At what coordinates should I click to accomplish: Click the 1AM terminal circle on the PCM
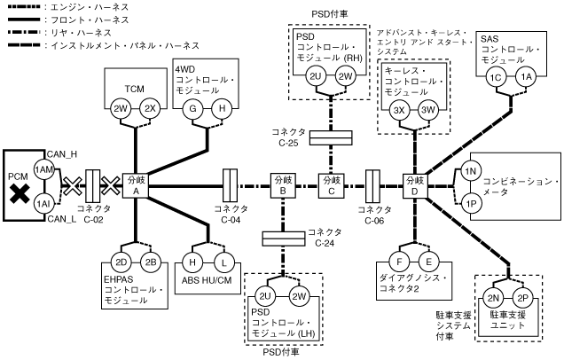(x=43, y=169)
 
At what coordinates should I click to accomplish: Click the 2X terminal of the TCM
(x=150, y=108)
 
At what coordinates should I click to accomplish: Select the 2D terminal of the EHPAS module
(x=121, y=262)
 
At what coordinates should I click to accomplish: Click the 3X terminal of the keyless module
(x=399, y=110)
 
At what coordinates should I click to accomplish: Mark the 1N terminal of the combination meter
(x=470, y=170)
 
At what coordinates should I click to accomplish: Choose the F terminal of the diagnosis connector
(x=401, y=262)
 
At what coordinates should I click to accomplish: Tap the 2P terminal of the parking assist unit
(x=522, y=298)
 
